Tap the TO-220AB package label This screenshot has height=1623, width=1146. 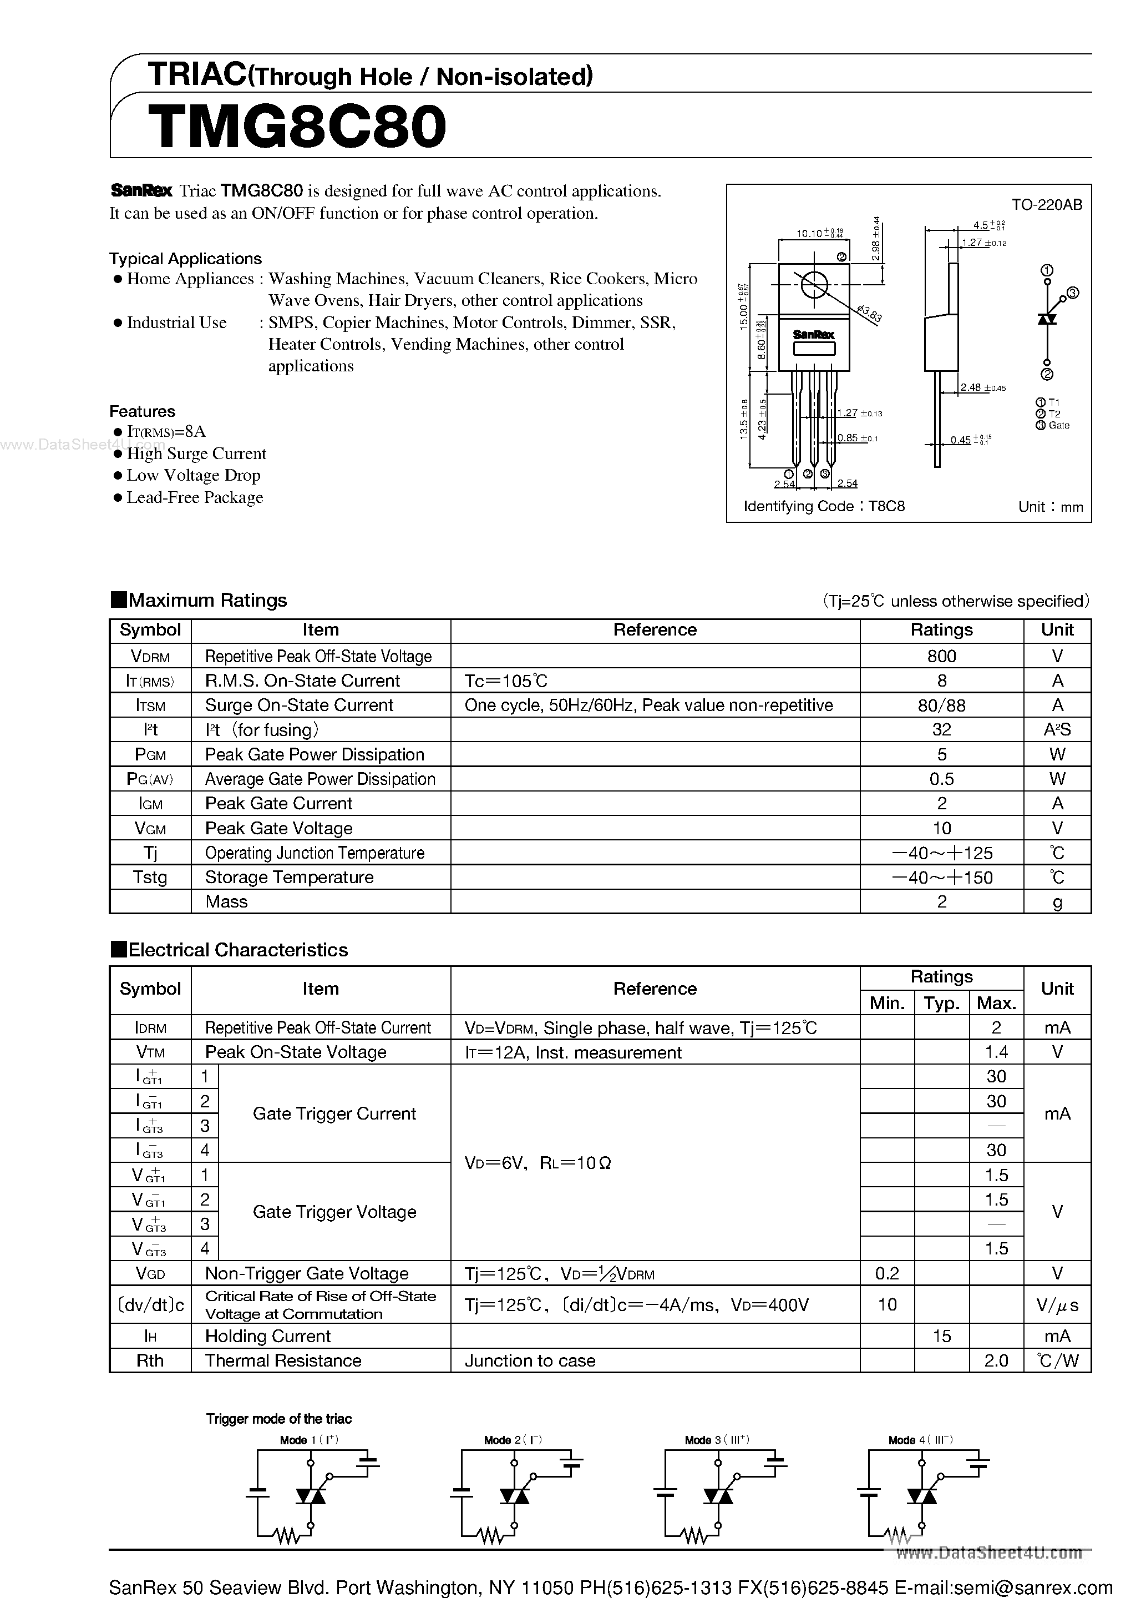pos(1046,205)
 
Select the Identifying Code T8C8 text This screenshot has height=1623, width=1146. pos(824,506)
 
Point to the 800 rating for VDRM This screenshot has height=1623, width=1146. pos(941,656)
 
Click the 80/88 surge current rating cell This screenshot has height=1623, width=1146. pos(941,705)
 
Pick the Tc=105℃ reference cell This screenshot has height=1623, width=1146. pos(506,681)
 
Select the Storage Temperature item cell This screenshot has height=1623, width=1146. pos(289,877)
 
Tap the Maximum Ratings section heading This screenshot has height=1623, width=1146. pos(207,600)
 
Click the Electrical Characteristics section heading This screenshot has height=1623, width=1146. pos(237,949)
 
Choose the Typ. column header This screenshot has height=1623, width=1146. pos(941,1003)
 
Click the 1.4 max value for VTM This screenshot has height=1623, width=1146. pos(996,1052)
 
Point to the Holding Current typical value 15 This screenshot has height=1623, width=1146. pos(941,1336)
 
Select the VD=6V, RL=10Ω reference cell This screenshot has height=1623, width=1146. pos(537,1163)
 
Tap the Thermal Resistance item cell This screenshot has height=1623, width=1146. pos(282,1361)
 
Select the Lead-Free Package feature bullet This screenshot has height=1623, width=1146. pos(194,498)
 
